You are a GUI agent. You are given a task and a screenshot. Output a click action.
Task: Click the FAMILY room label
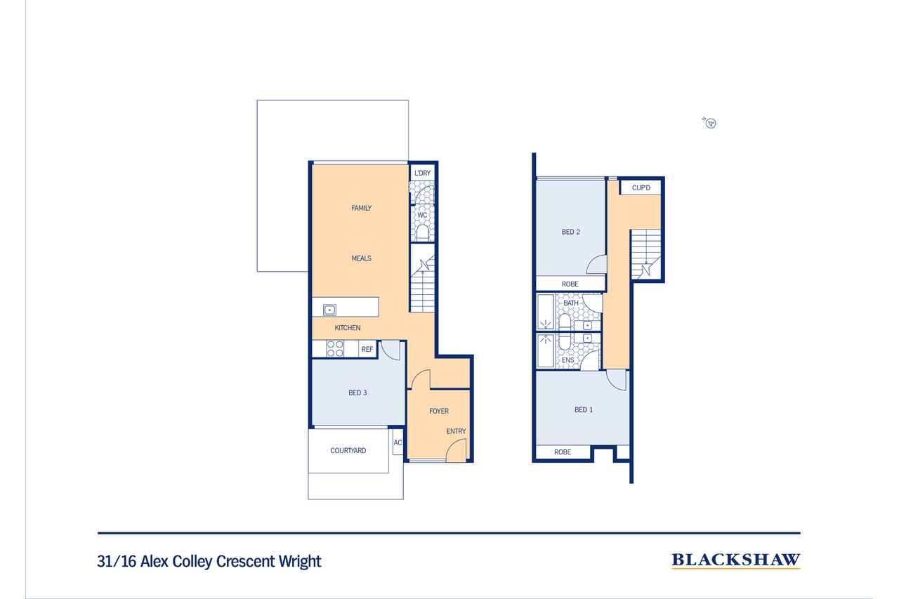point(362,208)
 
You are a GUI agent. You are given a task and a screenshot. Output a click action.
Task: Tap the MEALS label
point(361,258)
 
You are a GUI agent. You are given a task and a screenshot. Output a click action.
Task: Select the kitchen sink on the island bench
point(329,309)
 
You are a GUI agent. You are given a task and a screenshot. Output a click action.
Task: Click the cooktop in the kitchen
point(335,348)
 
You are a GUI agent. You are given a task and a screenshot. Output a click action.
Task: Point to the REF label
point(367,349)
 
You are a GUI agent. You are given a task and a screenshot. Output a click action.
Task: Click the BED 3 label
point(357,393)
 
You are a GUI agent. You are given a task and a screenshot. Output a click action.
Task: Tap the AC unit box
point(398,442)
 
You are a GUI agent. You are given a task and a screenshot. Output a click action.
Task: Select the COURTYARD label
point(348,451)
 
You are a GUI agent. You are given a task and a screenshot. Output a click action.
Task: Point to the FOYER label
point(439,411)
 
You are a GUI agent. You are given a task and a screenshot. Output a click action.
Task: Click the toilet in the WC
point(423,232)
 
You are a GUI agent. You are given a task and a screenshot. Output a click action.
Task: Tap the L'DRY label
point(422,173)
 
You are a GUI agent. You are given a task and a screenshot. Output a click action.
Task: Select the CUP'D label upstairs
point(641,187)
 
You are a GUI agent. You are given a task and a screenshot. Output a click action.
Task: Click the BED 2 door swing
point(596,265)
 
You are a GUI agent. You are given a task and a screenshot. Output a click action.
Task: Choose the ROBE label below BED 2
point(570,284)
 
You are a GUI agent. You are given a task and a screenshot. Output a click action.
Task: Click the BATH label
point(571,303)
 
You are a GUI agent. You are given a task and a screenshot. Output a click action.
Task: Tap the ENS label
point(568,360)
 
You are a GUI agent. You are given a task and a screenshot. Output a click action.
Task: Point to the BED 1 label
point(584,409)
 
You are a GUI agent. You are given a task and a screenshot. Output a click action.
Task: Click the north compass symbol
point(711,124)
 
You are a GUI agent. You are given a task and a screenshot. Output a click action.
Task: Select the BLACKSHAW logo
point(735,560)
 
